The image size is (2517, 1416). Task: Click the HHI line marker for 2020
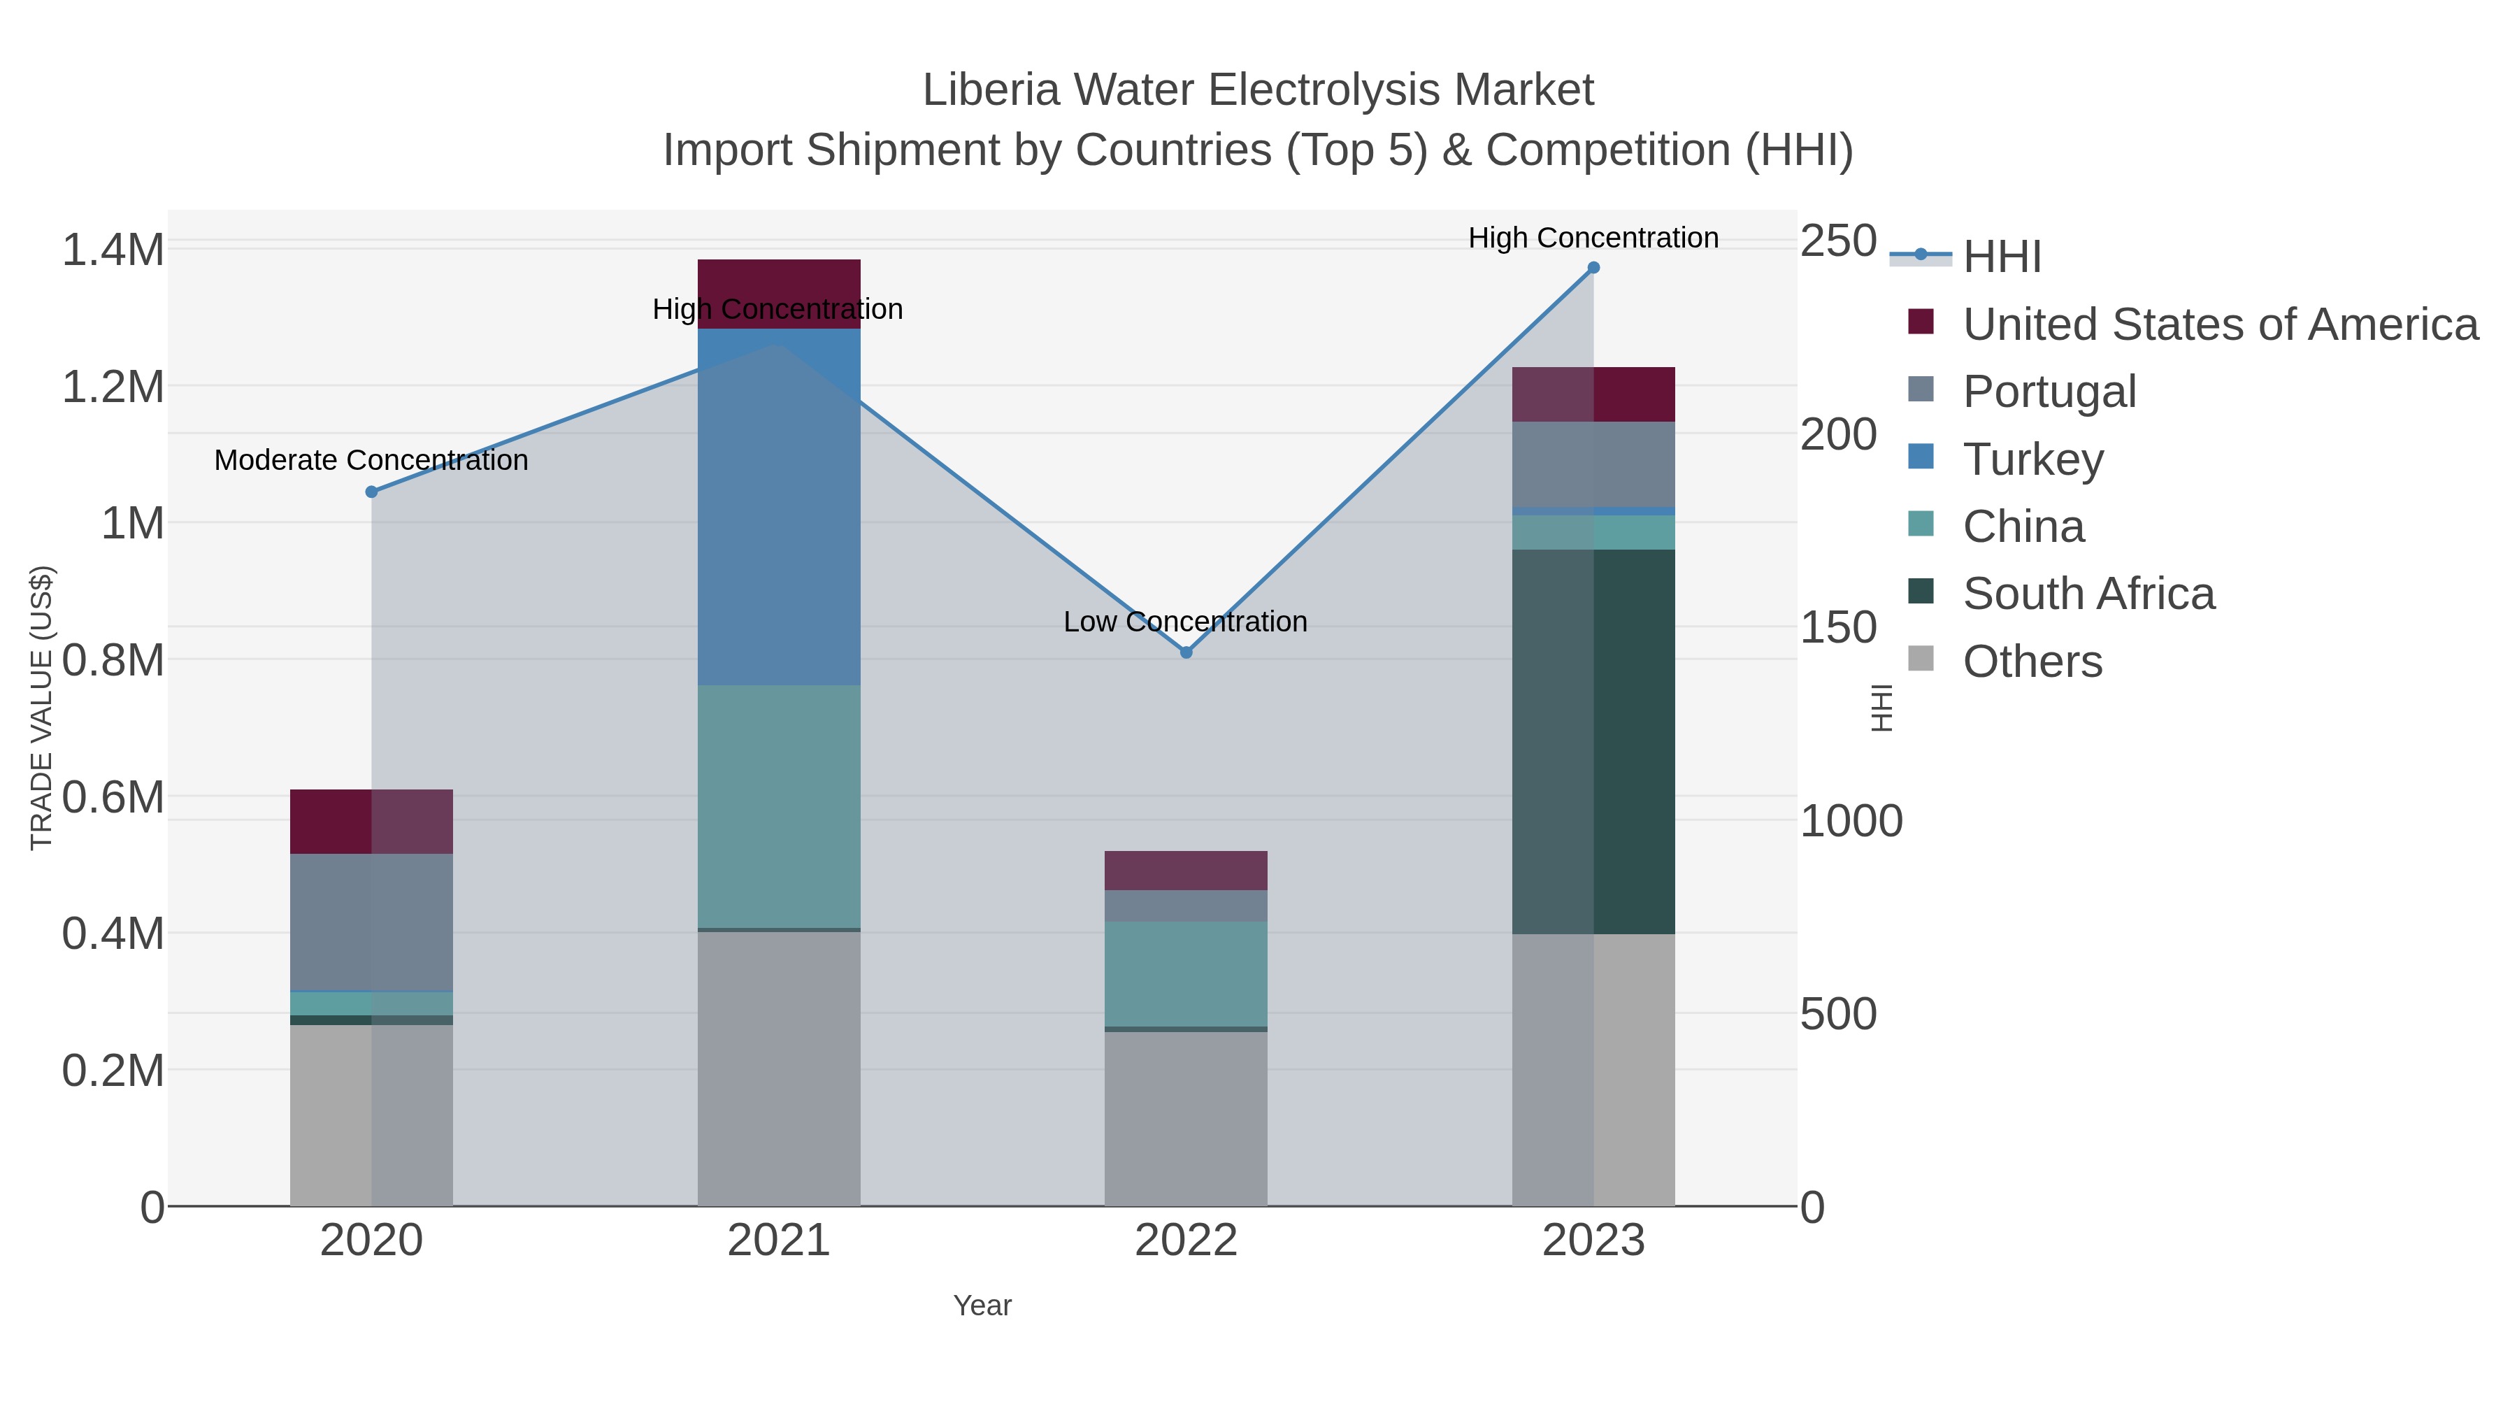[371, 492]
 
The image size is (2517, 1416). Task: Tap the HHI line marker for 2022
[1186, 652]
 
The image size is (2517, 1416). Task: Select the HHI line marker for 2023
[1593, 268]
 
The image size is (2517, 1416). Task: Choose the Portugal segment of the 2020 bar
[371, 922]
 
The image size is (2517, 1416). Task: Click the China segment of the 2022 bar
[1186, 973]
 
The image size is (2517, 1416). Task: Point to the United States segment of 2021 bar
[779, 283]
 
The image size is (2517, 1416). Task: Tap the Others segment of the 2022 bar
[1186, 1118]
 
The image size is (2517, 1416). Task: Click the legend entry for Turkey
[2032, 459]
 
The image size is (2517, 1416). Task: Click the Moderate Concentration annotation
[371, 460]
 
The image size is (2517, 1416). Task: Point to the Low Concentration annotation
[1185, 622]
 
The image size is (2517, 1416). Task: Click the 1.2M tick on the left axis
[113, 387]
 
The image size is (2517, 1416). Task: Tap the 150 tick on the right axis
[1838, 627]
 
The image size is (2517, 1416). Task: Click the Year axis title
[982, 1306]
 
